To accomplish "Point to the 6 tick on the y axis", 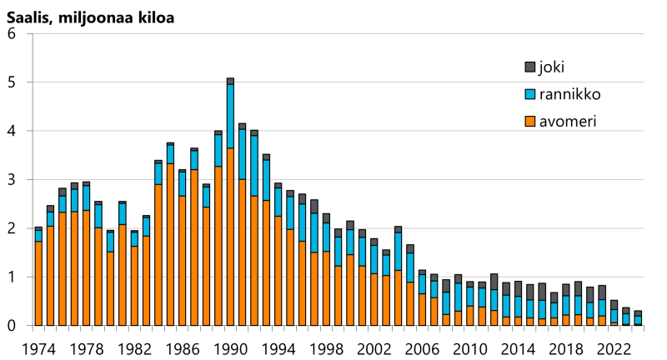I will [12, 34].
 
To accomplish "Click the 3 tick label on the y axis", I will [12, 180].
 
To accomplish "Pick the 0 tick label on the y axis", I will [12, 326].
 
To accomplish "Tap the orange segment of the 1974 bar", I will [38, 283].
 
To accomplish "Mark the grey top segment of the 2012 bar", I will [494, 282].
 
